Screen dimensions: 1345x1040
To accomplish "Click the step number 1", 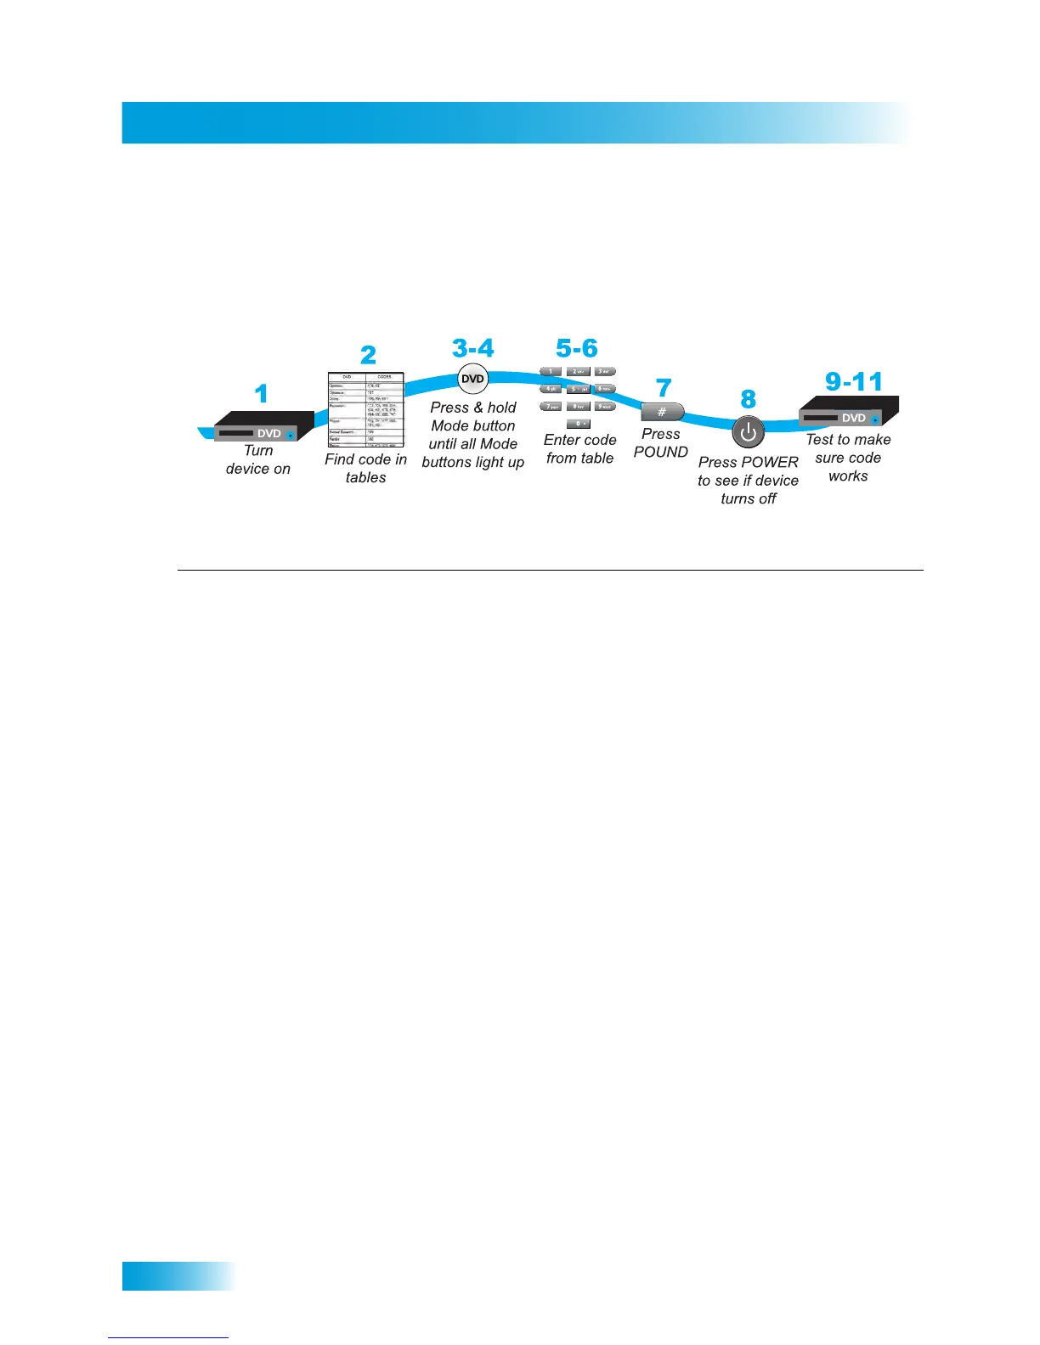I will (262, 394).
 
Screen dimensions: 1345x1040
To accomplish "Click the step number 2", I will (368, 355).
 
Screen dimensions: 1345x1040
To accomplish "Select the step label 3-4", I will (472, 348).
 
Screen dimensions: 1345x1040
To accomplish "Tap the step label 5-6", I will (577, 348).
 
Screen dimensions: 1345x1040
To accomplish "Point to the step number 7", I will (664, 388).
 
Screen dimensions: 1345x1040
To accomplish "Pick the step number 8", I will (748, 399).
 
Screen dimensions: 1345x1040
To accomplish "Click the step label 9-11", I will (854, 382).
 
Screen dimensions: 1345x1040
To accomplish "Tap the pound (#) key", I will (662, 412).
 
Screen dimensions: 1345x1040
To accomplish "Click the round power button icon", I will (748, 432).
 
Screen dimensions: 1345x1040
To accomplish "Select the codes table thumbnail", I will (366, 409).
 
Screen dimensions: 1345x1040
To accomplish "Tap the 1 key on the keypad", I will (551, 372).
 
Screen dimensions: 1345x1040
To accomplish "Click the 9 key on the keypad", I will (604, 407).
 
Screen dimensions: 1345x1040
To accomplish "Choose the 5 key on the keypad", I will (578, 389).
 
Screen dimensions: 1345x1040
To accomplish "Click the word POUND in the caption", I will (661, 453).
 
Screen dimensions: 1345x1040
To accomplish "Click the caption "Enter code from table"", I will (580, 449).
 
